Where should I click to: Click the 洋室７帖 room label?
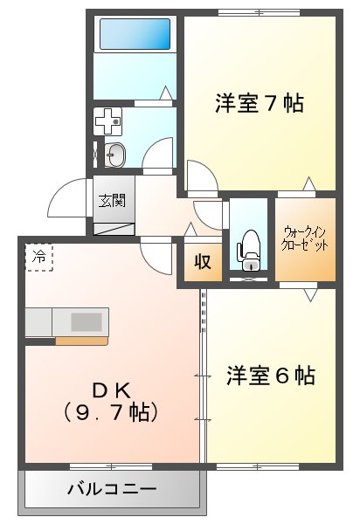260,104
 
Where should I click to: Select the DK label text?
112,388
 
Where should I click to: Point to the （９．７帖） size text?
111,409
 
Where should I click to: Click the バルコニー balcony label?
112,488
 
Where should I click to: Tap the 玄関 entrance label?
111,201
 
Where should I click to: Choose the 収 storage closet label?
203,262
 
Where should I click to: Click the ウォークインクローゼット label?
305,239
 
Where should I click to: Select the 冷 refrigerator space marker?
39,257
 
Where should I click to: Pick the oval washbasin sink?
114,155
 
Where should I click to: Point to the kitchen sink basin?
87,321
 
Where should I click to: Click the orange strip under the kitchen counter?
81,341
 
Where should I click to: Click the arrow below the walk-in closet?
310,296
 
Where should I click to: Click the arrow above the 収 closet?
190,230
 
